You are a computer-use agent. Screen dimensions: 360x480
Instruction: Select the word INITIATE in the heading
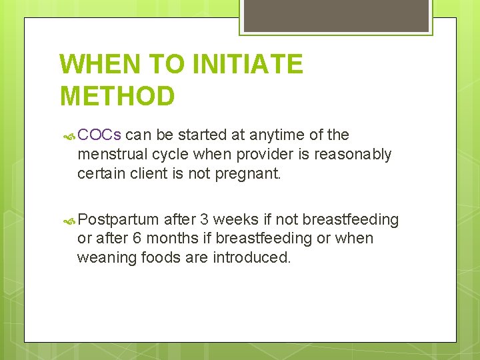[247, 65]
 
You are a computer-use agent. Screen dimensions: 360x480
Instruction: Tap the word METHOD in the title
[117, 96]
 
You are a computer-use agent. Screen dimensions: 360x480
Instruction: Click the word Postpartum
[118, 220]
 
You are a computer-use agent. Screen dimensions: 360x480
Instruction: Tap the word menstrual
[113, 155]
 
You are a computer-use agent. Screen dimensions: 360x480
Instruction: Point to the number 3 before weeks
[205, 219]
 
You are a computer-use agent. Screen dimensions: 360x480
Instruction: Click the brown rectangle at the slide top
[336, 15]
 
